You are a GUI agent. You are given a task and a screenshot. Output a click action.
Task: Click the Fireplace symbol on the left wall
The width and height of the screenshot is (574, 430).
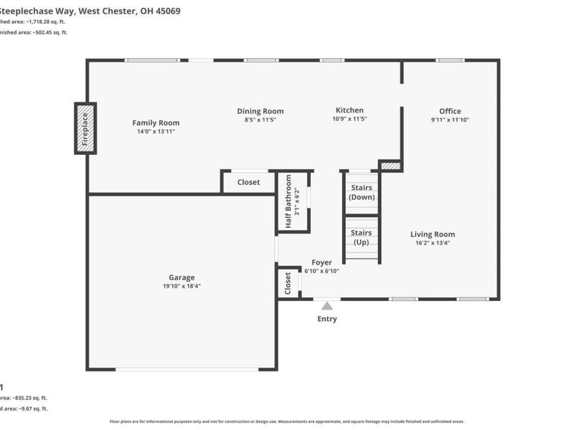(85, 128)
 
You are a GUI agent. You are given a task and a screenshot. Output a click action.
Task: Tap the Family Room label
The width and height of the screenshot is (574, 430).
(156, 123)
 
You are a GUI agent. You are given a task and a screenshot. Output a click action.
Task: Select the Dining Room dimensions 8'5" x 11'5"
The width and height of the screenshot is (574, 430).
(260, 120)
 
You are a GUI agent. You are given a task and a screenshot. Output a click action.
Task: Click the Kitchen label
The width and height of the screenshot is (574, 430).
(349, 110)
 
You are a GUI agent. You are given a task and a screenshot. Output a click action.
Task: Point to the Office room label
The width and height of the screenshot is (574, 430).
(450, 111)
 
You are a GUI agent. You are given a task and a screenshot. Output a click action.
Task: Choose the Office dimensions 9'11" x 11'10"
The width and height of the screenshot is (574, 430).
(450, 120)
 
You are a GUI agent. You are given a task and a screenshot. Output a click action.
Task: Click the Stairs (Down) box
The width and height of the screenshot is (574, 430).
(361, 193)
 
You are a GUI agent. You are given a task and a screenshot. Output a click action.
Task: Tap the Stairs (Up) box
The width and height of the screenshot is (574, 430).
(361, 237)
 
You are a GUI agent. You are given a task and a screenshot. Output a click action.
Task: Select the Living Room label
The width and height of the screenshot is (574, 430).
(432, 234)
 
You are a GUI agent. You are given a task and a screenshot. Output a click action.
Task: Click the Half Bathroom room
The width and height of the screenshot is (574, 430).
(293, 203)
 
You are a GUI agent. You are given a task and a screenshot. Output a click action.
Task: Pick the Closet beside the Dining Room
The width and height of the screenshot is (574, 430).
(248, 182)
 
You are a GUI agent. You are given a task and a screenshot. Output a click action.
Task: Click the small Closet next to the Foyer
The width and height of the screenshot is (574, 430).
(288, 283)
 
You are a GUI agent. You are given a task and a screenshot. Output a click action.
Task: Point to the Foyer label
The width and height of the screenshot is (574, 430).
(321, 262)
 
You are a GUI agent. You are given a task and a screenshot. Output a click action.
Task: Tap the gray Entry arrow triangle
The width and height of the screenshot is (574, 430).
(327, 306)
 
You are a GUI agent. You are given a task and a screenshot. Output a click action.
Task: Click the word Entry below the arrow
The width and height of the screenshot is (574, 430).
(327, 319)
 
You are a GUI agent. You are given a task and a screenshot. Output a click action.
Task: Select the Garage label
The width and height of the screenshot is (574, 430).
(182, 277)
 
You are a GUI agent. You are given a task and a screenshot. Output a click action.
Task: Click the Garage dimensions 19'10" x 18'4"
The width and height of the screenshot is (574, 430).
(182, 286)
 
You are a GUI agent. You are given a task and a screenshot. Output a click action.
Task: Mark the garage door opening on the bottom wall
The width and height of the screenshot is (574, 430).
(187, 369)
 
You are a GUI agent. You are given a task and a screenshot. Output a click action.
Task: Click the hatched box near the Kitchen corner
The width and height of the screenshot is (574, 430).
(390, 166)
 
